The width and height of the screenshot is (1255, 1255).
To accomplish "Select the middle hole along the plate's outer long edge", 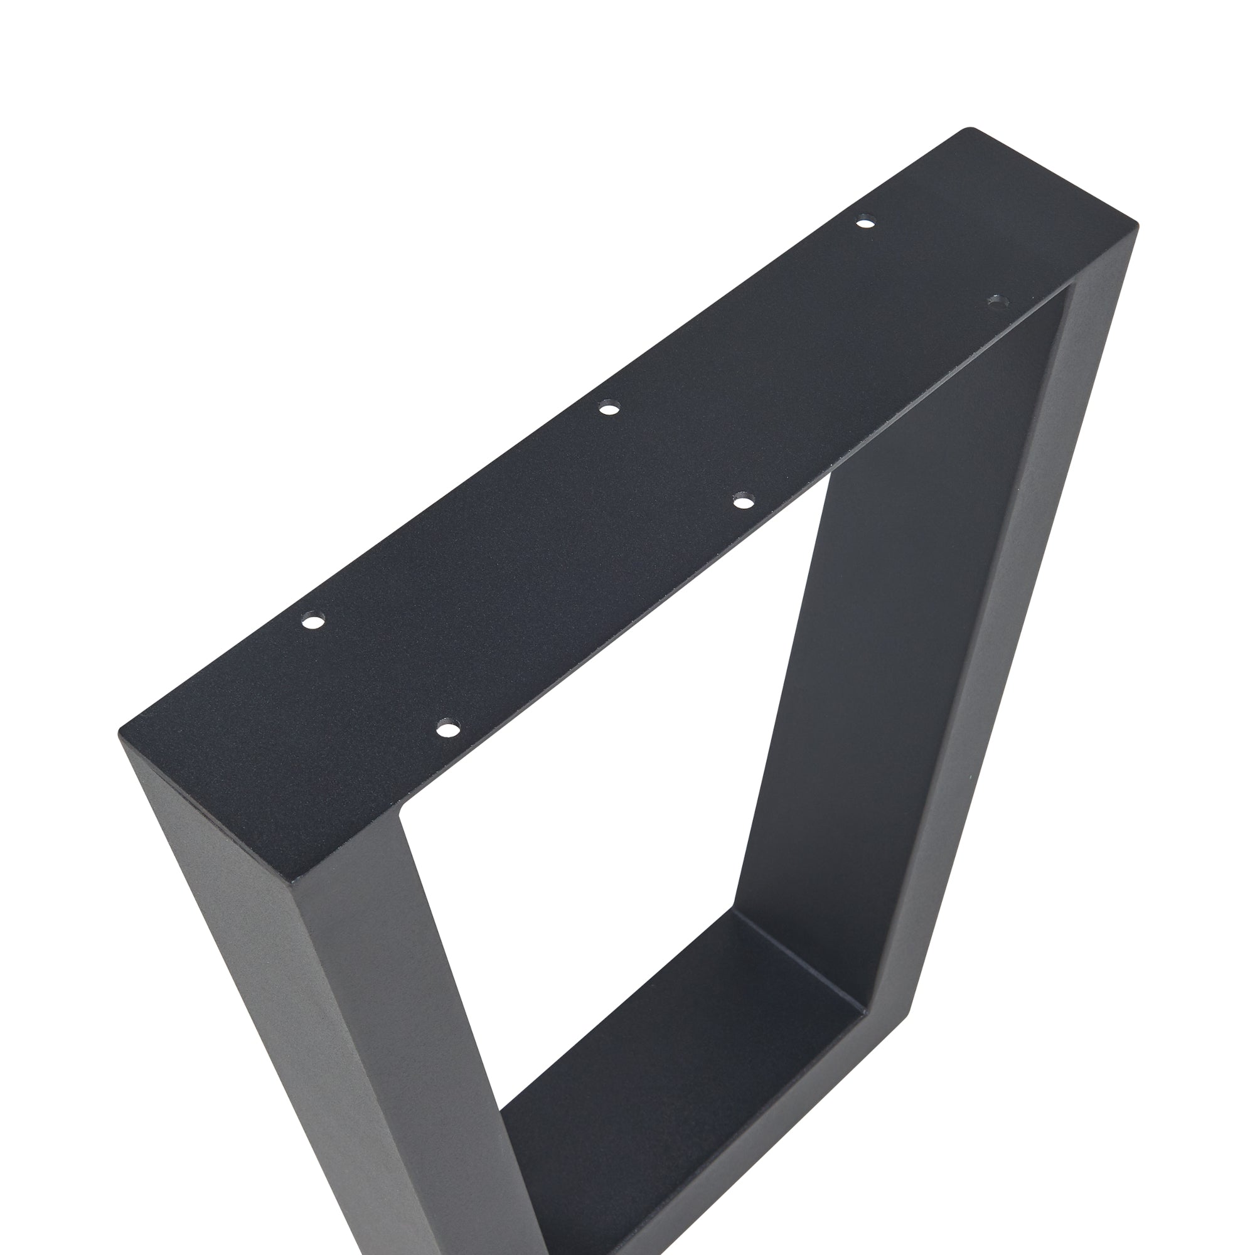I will (x=609, y=409).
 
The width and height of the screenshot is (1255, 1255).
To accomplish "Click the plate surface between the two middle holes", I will (x=676, y=455).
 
